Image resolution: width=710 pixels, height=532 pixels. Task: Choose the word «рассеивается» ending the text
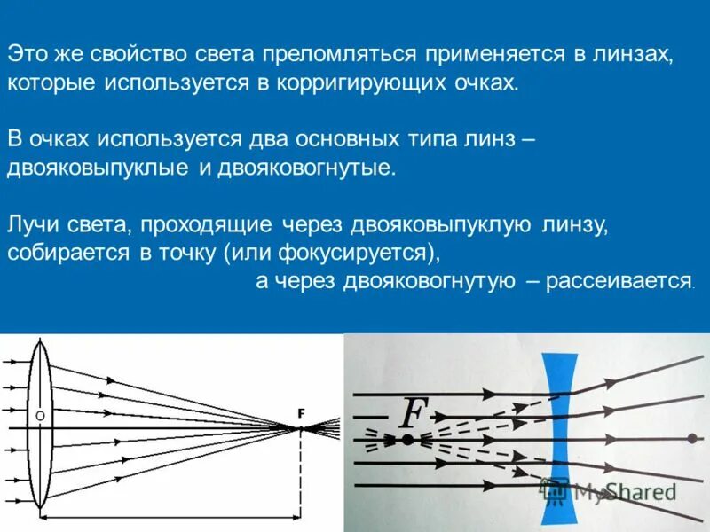pyautogui.click(x=619, y=281)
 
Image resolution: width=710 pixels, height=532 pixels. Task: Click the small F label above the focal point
pyautogui.click(x=301, y=413)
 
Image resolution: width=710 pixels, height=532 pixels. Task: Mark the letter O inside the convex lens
pyautogui.click(x=39, y=414)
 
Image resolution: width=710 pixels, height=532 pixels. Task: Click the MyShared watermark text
pyautogui.click(x=621, y=491)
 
